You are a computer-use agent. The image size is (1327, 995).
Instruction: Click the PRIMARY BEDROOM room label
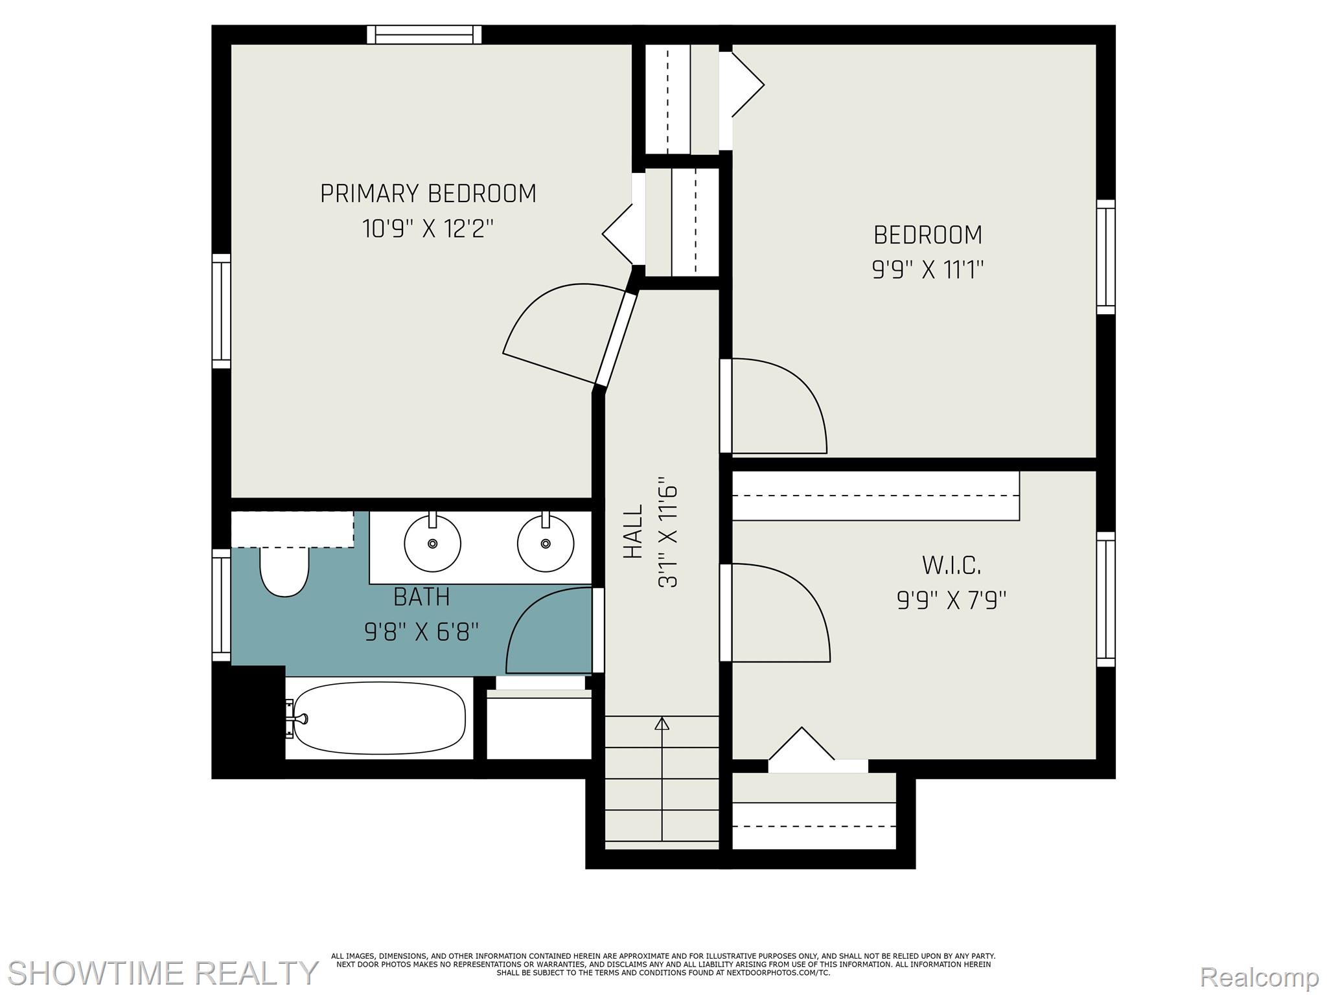(x=428, y=194)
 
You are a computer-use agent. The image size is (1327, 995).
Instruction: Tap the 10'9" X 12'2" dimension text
(x=428, y=229)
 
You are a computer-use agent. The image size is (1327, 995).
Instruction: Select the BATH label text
(x=422, y=597)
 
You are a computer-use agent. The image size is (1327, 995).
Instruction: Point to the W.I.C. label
(x=951, y=566)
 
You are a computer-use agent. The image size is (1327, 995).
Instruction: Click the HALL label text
(x=633, y=531)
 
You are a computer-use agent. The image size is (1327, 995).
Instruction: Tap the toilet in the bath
(x=284, y=570)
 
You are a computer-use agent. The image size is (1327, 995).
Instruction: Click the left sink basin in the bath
(x=433, y=543)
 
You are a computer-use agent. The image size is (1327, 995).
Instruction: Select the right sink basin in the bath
(x=546, y=543)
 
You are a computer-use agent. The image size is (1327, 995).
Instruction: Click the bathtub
(x=379, y=718)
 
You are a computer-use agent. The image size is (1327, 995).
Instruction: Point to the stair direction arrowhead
(x=662, y=724)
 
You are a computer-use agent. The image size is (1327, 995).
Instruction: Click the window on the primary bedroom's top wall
(x=424, y=34)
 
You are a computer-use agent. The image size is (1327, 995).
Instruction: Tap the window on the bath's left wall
(x=222, y=606)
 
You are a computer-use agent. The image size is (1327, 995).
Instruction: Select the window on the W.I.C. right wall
(x=1106, y=599)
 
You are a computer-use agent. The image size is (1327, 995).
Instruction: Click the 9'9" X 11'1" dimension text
(x=928, y=269)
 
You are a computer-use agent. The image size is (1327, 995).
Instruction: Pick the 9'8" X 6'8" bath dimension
(x=422, y=632)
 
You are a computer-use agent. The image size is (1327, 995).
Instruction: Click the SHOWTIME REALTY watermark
(x=163, y=973)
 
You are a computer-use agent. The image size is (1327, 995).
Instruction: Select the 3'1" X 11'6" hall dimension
(x=668, y=532)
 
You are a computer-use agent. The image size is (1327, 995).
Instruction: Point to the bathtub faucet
(x=297, y=718)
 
